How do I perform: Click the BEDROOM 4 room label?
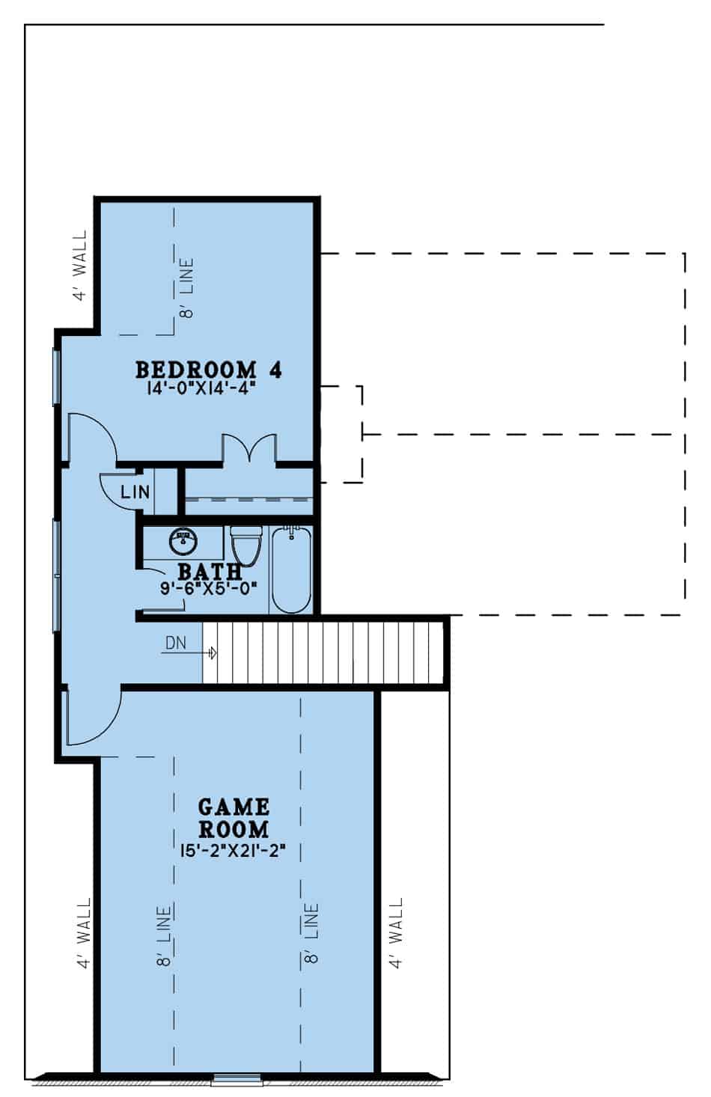pyautogui.click(x=209, y=370)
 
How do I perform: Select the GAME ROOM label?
pyautogui.click(x=234, y=818)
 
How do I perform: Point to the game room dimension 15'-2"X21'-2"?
pyautogui.click(x=234, y=850)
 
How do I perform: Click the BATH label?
pyautogui.click(x=210, y=572)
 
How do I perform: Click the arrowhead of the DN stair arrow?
pyautogui.click(x=213, y=653)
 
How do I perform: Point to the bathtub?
pyautogui.click(x=291, y=569)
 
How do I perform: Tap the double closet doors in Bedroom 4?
pyautogui.click(x=249, y=447)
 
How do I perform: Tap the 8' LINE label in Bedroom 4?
pyautogui.click(x=186, y=288)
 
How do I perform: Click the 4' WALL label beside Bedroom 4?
pyautogui.click(x=79, y=265)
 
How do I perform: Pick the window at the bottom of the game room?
pyautogui.click(x=237, y=1079)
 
